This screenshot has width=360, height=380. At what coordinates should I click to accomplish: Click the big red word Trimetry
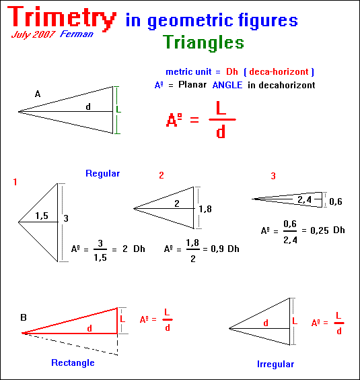[x=62, y=18]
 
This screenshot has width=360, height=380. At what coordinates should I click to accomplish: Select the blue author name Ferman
[x=77, y=34]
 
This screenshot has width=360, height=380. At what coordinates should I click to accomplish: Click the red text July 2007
[x=33, y=34]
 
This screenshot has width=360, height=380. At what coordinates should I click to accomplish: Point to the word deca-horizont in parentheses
[x=279, y=71]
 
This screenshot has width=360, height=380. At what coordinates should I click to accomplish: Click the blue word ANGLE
[x=227, y=85]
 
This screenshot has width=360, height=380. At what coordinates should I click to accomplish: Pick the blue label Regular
[x=103, y=174]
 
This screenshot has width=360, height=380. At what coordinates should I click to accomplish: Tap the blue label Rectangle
[x=73, y=362]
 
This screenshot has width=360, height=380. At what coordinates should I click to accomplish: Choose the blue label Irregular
[x=275, y=364]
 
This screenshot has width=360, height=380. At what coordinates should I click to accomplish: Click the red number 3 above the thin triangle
[x=273, y=176]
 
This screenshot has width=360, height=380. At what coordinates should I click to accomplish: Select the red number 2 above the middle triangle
[x=161, y=175]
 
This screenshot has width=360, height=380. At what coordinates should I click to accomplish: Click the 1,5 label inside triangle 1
[x=42, y=216]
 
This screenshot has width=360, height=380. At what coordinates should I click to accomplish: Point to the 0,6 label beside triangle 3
[x=336, y=201]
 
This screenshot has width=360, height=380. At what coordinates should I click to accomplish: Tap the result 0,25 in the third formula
[x=320, y=230]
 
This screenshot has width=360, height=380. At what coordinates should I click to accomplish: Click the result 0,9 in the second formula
[x=217, y=249]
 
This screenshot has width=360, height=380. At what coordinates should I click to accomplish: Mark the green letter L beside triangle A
[x=118, y=109]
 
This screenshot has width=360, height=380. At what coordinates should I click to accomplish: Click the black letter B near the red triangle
[x=24, y=317]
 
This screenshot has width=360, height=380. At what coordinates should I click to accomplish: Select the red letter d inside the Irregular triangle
[x=266, y=323]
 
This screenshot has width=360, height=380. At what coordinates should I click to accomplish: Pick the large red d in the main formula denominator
[x=221, y=131]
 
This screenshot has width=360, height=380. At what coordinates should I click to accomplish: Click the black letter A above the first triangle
[x=38, y=94]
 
